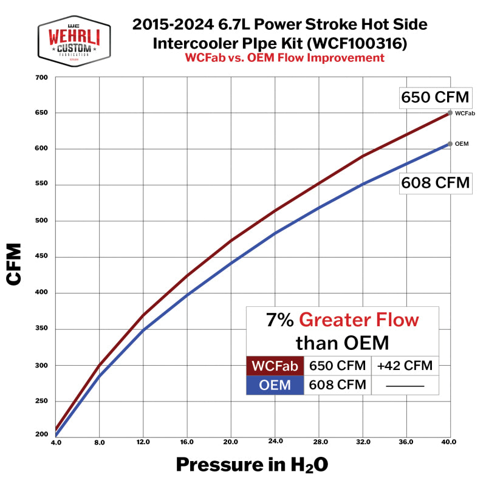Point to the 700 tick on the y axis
(x=41, y=77)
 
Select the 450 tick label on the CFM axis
(x=41, y=257)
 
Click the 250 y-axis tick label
(x=41, y=401)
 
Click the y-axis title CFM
(x=14, y=264)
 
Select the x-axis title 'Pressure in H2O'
(x=252, y=465)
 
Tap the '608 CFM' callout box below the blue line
(x=436, y=182)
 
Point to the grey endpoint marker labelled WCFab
(x=450, y=112)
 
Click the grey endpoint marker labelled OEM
(x=450, y=144)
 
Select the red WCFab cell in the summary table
(x=275, y=366)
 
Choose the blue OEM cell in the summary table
(x=275, y=385)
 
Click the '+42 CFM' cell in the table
(x=405, y=366)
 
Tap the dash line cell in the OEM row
(x=405, y=385)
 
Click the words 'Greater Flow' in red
(x=359, y=320)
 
